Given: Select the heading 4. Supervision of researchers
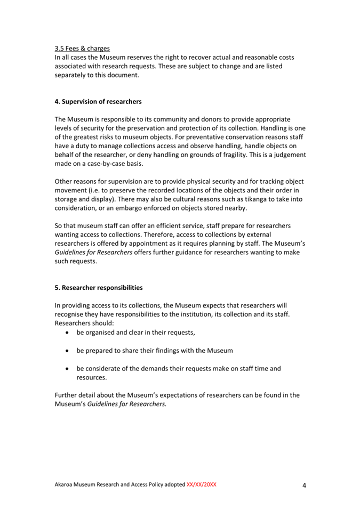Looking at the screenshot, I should (98, 101).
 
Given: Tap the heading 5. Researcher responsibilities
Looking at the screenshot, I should (99, 288).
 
